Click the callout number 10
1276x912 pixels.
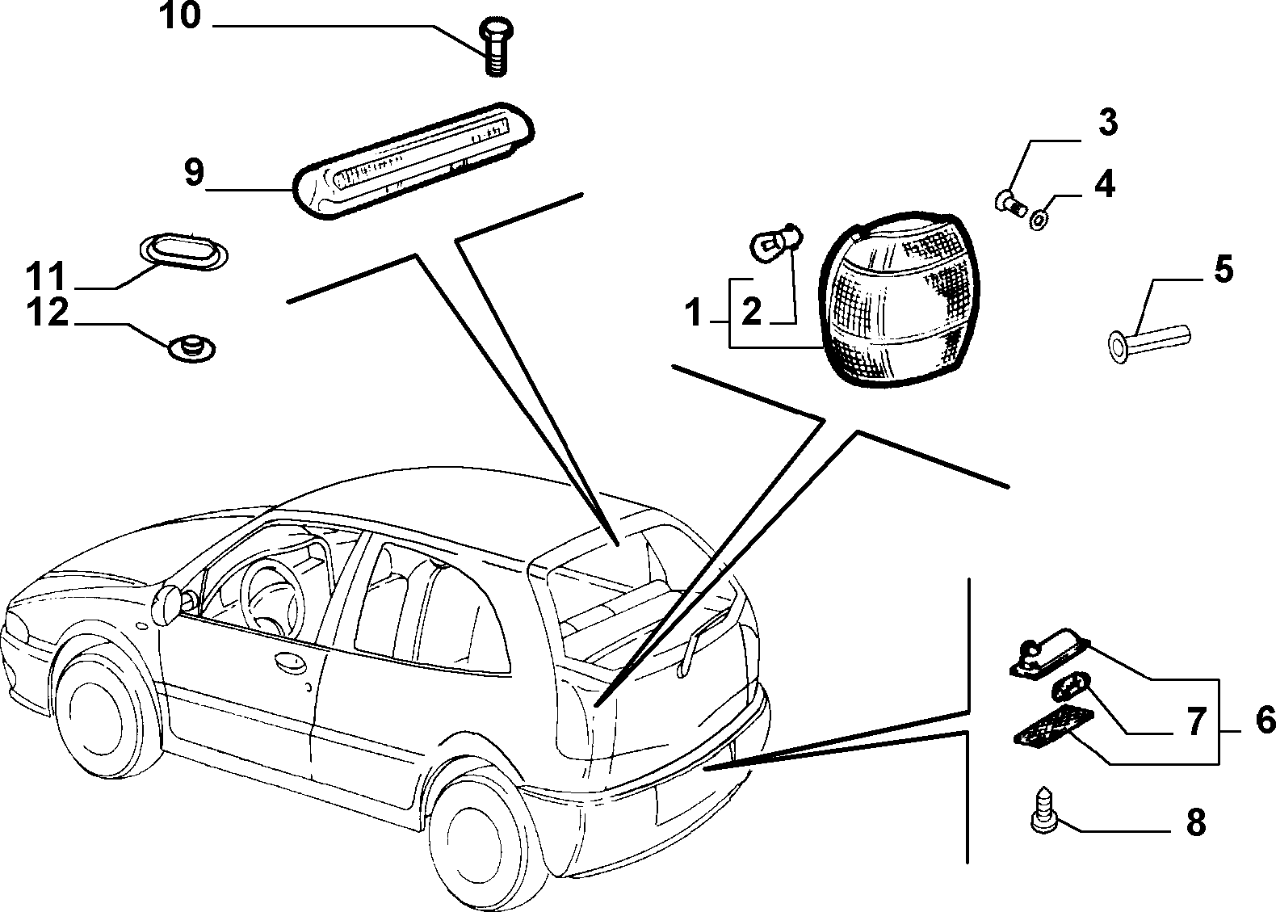click(x=180, y=16)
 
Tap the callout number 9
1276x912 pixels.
click(x=194, y=172)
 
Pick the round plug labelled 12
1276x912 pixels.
click(x=192, y=348)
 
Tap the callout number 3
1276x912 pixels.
click(x=1106, y=123)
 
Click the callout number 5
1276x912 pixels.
click(x=1223, y=269)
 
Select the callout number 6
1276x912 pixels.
click(x=1265, y=717)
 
